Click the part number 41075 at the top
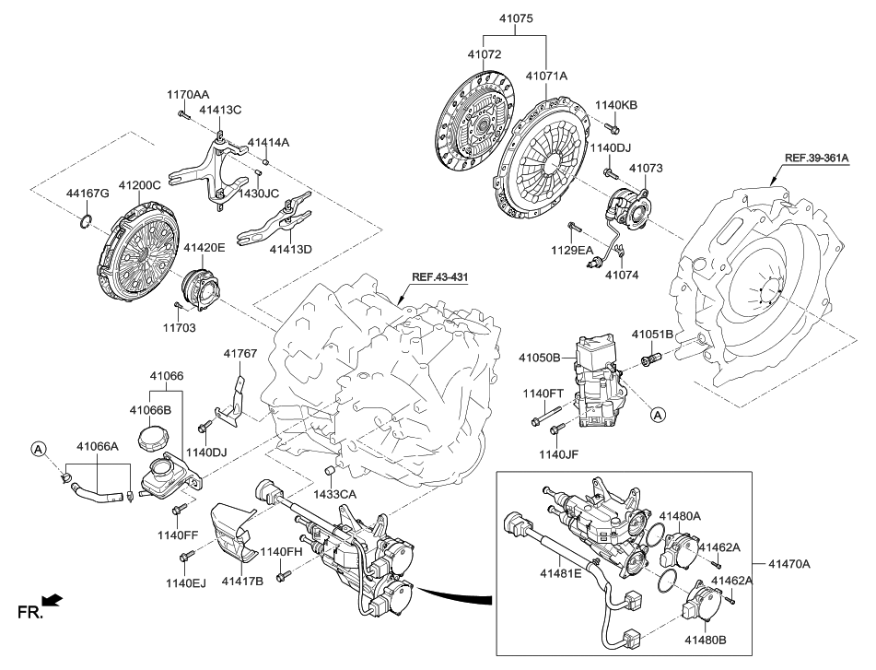pyautogui.click(x=516, y=18)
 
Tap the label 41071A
pyautogui.click(x=546, y=75)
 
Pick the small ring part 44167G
pyautogui.click(x=85, y=219)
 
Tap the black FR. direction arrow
pyautogui.click(x=53, y=602)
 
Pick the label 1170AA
pyautogui.click(x=188, y=94)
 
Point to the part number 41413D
pyautogui.click(x=290, y=248)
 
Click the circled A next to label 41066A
pyautogui.click(x=38, y=449)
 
